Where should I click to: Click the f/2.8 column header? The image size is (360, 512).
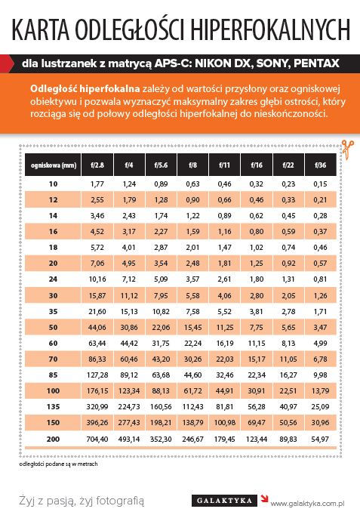coord(97,165)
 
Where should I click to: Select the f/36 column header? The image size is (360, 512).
coord(321,165)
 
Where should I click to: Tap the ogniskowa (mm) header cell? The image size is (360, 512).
coord(53,165)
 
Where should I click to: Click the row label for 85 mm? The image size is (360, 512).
coord(53,375)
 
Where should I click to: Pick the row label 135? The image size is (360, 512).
coord(53,406)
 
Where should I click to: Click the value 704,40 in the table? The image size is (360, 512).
coord(97,440)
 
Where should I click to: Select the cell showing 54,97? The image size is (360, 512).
coord(320,440)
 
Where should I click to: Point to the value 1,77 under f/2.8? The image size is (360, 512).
coord(97,184)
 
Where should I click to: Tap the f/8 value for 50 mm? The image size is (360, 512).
coord(192,327)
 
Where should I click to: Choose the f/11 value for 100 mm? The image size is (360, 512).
coord(225,391)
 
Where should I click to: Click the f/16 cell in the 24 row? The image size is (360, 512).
coord(256,279)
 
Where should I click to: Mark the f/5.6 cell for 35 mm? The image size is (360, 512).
coord(161,312)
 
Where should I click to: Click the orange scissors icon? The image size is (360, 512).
coord(348,150)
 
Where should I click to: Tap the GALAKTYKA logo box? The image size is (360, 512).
coord(225,501)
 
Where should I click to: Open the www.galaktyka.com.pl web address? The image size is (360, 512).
coord(307,503)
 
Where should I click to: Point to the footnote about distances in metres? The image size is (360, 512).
coord(58,464)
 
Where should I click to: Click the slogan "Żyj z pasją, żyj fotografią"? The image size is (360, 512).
coord(82,501)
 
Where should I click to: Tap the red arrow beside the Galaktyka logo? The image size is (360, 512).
coord(264,498)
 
